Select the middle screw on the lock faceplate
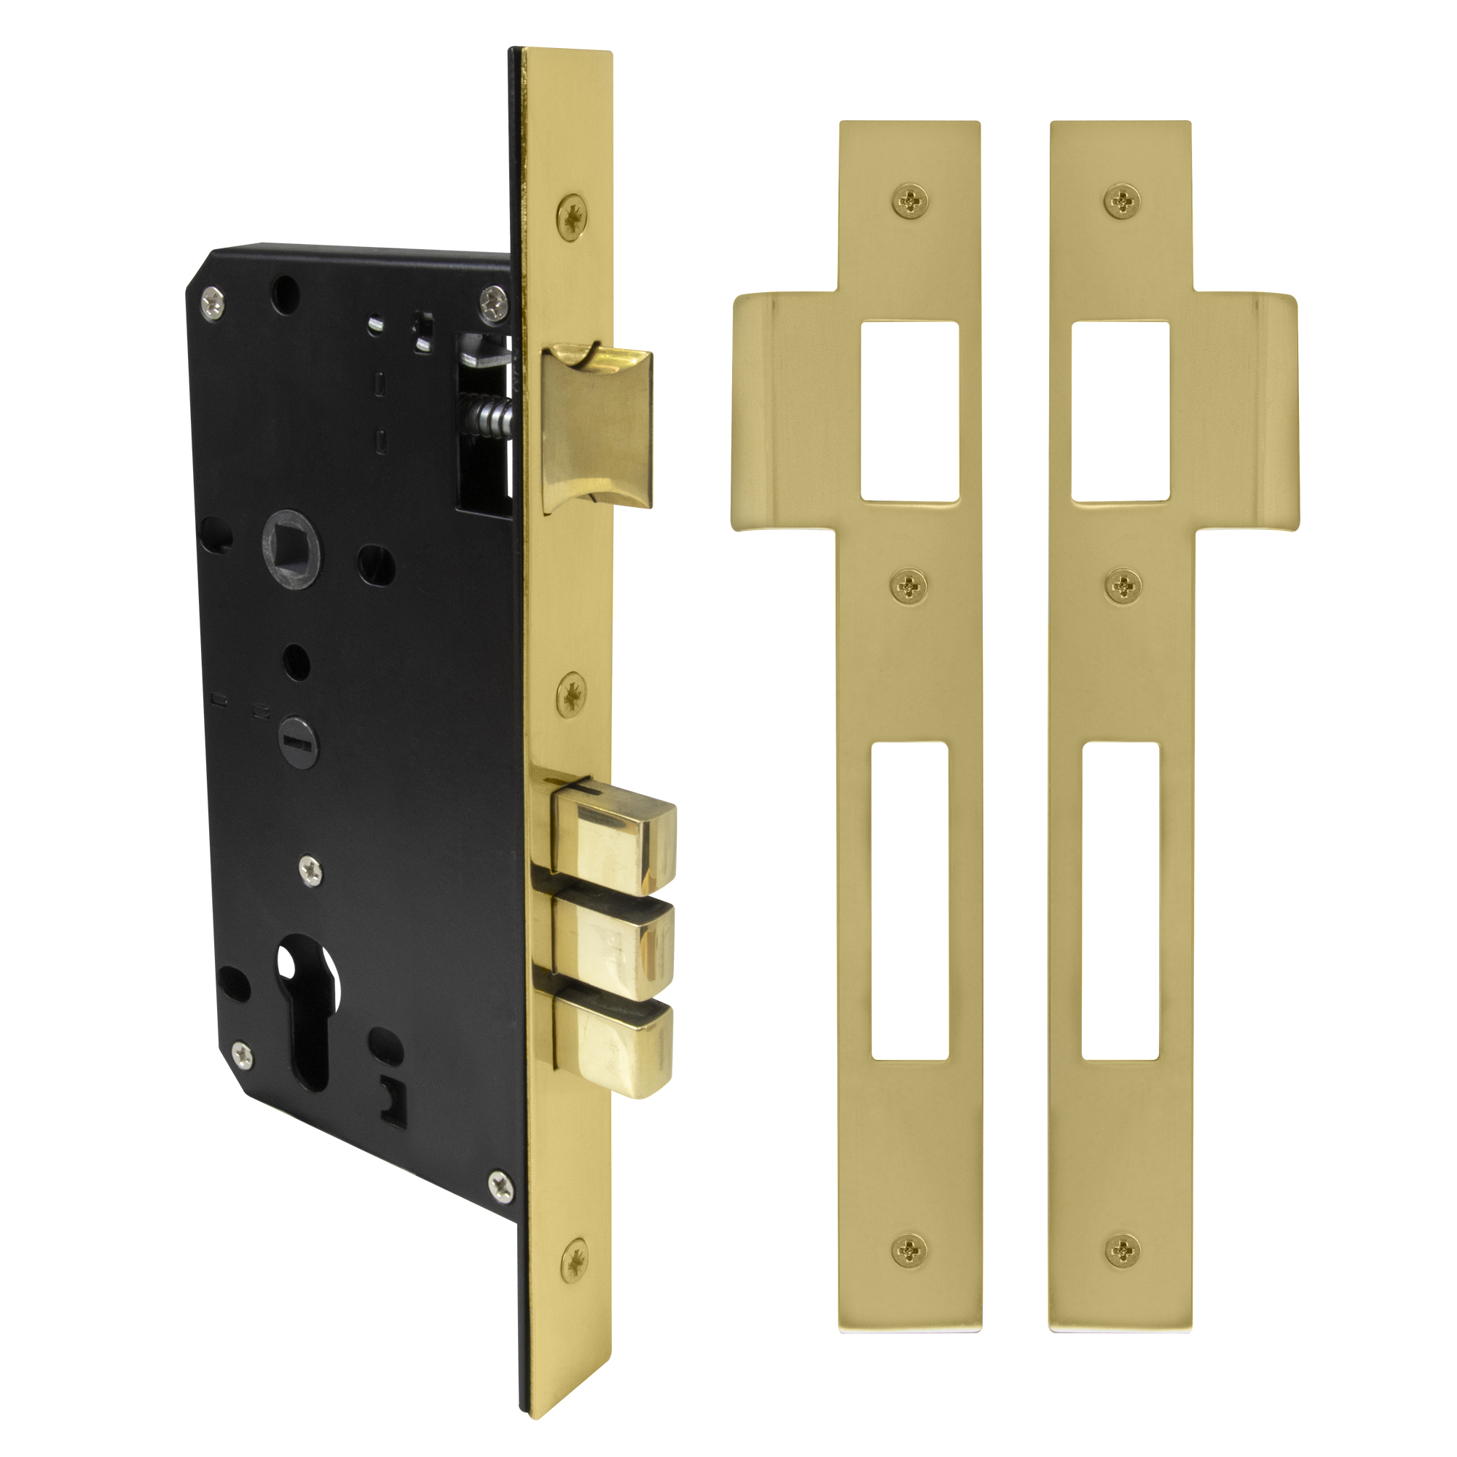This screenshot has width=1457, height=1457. pos(573,689)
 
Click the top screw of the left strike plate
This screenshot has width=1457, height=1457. pos(910,201)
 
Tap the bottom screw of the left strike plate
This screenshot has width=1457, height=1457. pos(909,1251)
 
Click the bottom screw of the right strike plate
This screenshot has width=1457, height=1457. pos(1122,1251)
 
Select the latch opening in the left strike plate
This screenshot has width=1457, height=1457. pos(909,412)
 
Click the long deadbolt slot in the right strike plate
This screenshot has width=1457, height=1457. pos(1120,901)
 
